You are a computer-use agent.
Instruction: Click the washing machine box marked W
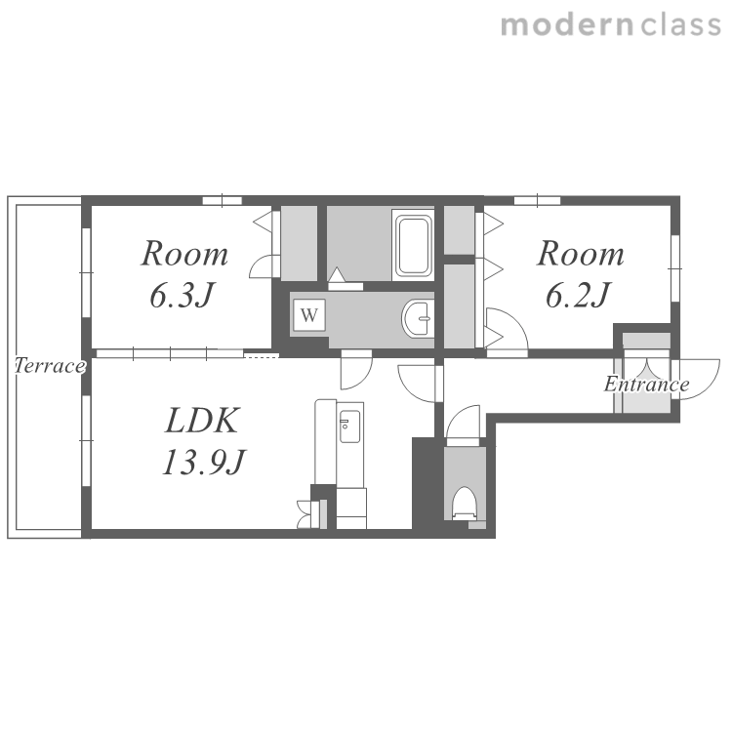tap(309, 315)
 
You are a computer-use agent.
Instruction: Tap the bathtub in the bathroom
tap(413, 245)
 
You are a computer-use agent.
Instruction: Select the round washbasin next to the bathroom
tap(418, 319)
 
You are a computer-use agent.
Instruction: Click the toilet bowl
tap(465, 505)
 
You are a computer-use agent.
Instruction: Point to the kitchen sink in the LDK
tap(349, 427)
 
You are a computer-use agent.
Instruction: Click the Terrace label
tap(50, 366)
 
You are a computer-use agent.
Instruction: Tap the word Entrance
tap(646, 385)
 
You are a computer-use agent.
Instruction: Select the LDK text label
tap(202, 421)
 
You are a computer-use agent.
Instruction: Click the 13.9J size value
tap(203, 462)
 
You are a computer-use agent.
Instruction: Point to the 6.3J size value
tap(182, 295)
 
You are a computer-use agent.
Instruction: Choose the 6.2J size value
tap(578, 295)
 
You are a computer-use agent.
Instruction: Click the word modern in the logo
tap(567, 25)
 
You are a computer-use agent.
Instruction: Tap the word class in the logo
tap(680, 24)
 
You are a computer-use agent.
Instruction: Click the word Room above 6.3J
tap(184, 254)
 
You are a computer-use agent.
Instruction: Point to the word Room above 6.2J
tap(581, 254)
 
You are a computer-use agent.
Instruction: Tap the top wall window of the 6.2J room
tap(538, 200)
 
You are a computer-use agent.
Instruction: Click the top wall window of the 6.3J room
tap(223, 200)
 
